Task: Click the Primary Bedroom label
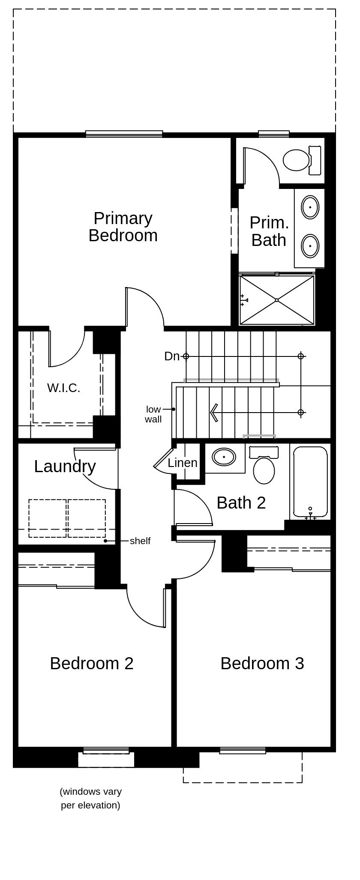click(x=123, y=227)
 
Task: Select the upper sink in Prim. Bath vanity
click(x=310, y=207)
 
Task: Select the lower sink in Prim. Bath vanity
click(x=310, y=246)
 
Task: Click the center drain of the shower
click(x=277, y=300)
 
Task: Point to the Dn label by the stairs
click(x=171, y=356)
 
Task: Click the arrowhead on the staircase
click(x=214, y=413)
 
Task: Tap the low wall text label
click(x=153, y=414)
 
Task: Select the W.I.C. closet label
click(x=63, y=388)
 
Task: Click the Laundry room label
click(x=65, y=467)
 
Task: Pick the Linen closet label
click(x=183, y=463)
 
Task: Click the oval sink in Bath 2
click(x=224, y=457)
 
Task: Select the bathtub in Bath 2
click(x=310, y=481)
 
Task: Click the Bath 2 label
click(x=241, y=503)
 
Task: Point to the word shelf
click(x=140, y=541)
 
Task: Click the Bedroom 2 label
click(x=92, y=663)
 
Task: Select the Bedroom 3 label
click(x=262, y=663)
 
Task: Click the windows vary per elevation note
click(x=90, y=798)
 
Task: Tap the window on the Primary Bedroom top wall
click(x=124, y=134)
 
